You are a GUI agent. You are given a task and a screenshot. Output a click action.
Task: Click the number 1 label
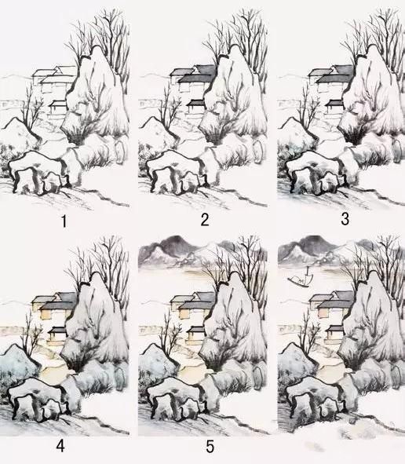coord(64,221)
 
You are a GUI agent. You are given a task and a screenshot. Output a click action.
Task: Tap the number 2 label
coord(205,220)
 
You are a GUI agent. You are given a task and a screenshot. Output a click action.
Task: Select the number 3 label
coord(345,219)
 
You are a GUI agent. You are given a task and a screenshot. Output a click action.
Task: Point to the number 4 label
coord(60,445)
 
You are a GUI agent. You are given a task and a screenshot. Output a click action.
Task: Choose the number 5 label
coord(210,447)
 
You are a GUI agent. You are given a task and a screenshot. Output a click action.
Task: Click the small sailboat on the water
coord(299,278)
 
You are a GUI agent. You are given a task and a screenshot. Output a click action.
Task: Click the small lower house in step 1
coord(57,108)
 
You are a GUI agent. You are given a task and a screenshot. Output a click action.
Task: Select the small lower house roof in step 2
coord(196,102)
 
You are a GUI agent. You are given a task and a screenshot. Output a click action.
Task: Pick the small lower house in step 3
coord(334,108)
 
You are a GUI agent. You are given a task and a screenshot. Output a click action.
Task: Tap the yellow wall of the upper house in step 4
coord(49,313)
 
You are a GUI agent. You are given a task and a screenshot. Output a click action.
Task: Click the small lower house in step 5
coord(196,334)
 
